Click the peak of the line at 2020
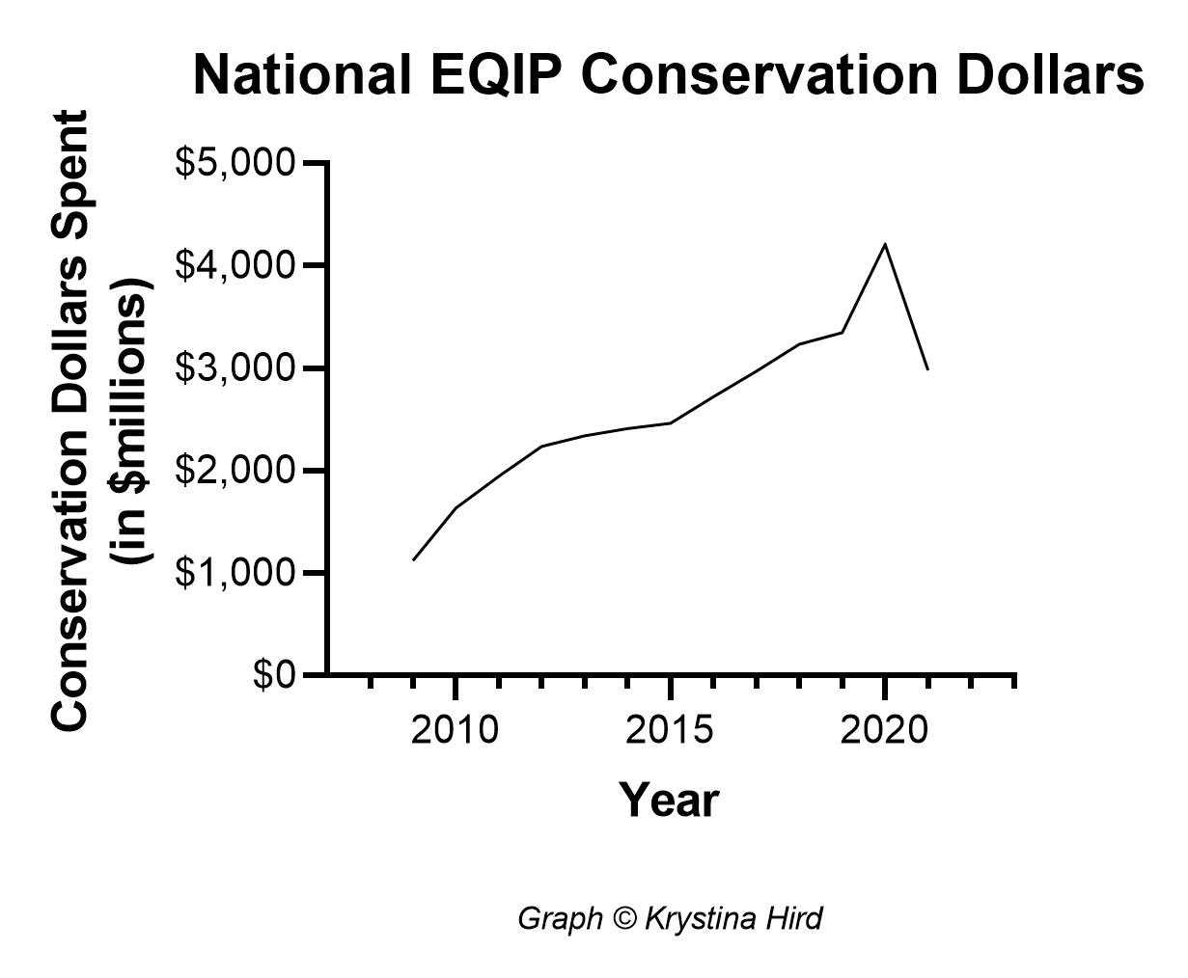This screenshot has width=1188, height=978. click(885, 244)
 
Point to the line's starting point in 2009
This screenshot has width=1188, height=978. click(413, 559)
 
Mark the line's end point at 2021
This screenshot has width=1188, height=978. click(927, 369)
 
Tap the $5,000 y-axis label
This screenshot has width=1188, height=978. click(235, 162)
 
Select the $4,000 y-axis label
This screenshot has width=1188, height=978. click(235, 264)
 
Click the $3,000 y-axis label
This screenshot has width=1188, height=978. click(235, 367)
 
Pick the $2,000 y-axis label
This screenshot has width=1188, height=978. click(235, 470)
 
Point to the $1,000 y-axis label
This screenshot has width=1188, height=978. click(235, 572)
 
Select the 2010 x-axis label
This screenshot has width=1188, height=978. click(455, 730)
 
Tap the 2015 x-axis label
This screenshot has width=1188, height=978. click(669, 730)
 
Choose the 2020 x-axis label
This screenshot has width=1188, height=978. click(884, 730)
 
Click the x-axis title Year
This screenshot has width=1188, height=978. click(669, 800)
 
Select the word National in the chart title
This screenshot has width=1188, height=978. click(302, 75)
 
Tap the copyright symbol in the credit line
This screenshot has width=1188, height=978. click(625, 918)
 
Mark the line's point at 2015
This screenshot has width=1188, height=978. click(670, 422)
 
